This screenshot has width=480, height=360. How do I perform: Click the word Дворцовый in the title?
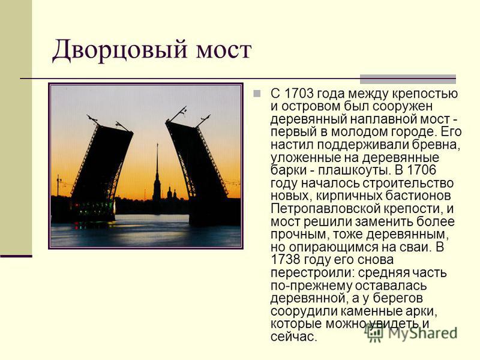coord(119,50)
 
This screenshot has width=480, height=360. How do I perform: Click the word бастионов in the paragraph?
coord(418,196)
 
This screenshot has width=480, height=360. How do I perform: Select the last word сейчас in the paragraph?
coord(293,337)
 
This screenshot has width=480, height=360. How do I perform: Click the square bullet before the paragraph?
coord(257,93)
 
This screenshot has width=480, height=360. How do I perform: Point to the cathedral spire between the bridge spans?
coord(157,173)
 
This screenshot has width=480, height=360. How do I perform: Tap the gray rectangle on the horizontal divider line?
coord(408,79)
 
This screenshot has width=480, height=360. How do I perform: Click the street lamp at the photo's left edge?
coord(58,185)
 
